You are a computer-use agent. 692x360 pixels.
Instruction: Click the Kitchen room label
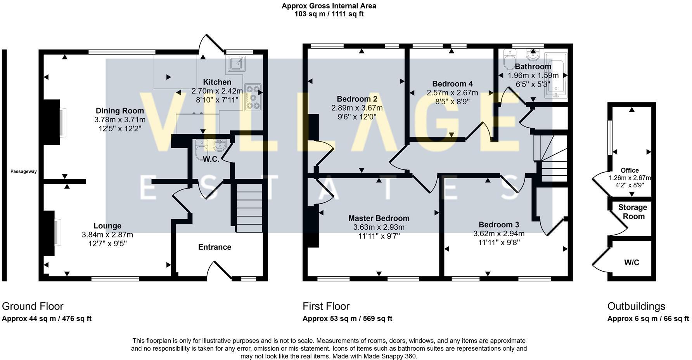pyautogui.click(x=217, y=82)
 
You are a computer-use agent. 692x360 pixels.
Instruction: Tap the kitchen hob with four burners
pyautogui.click(x=253, y=97)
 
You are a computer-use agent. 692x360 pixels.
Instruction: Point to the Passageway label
pyautogui.click(x=24, y=171)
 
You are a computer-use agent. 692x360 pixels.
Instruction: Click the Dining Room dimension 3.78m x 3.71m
pyautogui.click(x=119, y=120)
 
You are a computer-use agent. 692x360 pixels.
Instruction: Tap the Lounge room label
pyautogui.click(x=107, y=226)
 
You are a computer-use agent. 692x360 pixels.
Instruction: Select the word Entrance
pyautogui.click(x=215, y=247)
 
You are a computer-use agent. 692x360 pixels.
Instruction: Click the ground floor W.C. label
pyautogui.click(x=211, y=159)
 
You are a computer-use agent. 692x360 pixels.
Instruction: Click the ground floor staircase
pyautogui.click(x=249, y=208)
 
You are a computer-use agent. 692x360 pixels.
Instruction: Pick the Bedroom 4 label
pyautogui.click(x=452, y=84)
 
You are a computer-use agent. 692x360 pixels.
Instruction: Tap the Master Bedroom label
pyautogui.click(x=379, y=218)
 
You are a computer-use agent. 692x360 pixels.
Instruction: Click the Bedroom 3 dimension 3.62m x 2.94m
pyautogui.click(x=499, y=234)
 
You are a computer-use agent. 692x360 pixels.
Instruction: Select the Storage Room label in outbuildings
pyautogui.click(x=633, y=212)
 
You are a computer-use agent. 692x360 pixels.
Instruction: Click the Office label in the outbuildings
pyautogui.click(x=630, y=170)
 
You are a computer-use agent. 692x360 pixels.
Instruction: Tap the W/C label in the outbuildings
pyautogui.click(x=631, y=263)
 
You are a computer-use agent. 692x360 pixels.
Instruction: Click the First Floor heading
pyautogui.click(x=326, y=306)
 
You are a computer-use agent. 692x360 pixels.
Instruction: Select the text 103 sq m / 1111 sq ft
pyautogui.click(x=329, y=14)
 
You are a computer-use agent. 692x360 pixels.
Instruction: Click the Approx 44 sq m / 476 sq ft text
pyautogui.click(x=47, y=319)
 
